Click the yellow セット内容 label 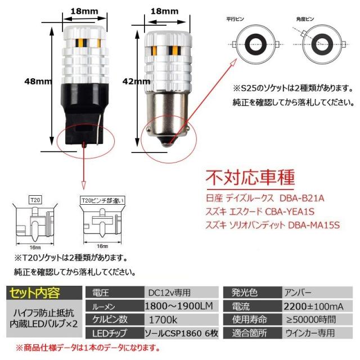(34, 292)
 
